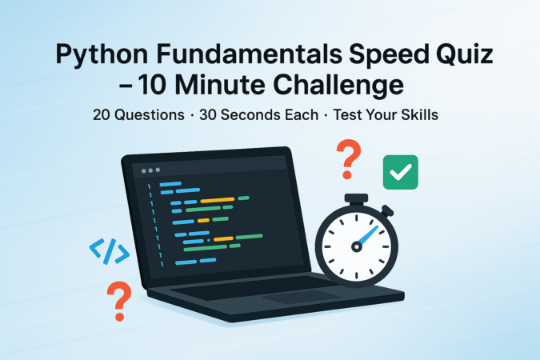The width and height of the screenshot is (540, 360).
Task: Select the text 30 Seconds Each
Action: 268,114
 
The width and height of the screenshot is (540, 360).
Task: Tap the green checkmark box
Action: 400,171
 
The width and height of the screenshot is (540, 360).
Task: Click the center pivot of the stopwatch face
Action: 356,243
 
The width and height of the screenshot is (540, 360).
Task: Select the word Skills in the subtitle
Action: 421,114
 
